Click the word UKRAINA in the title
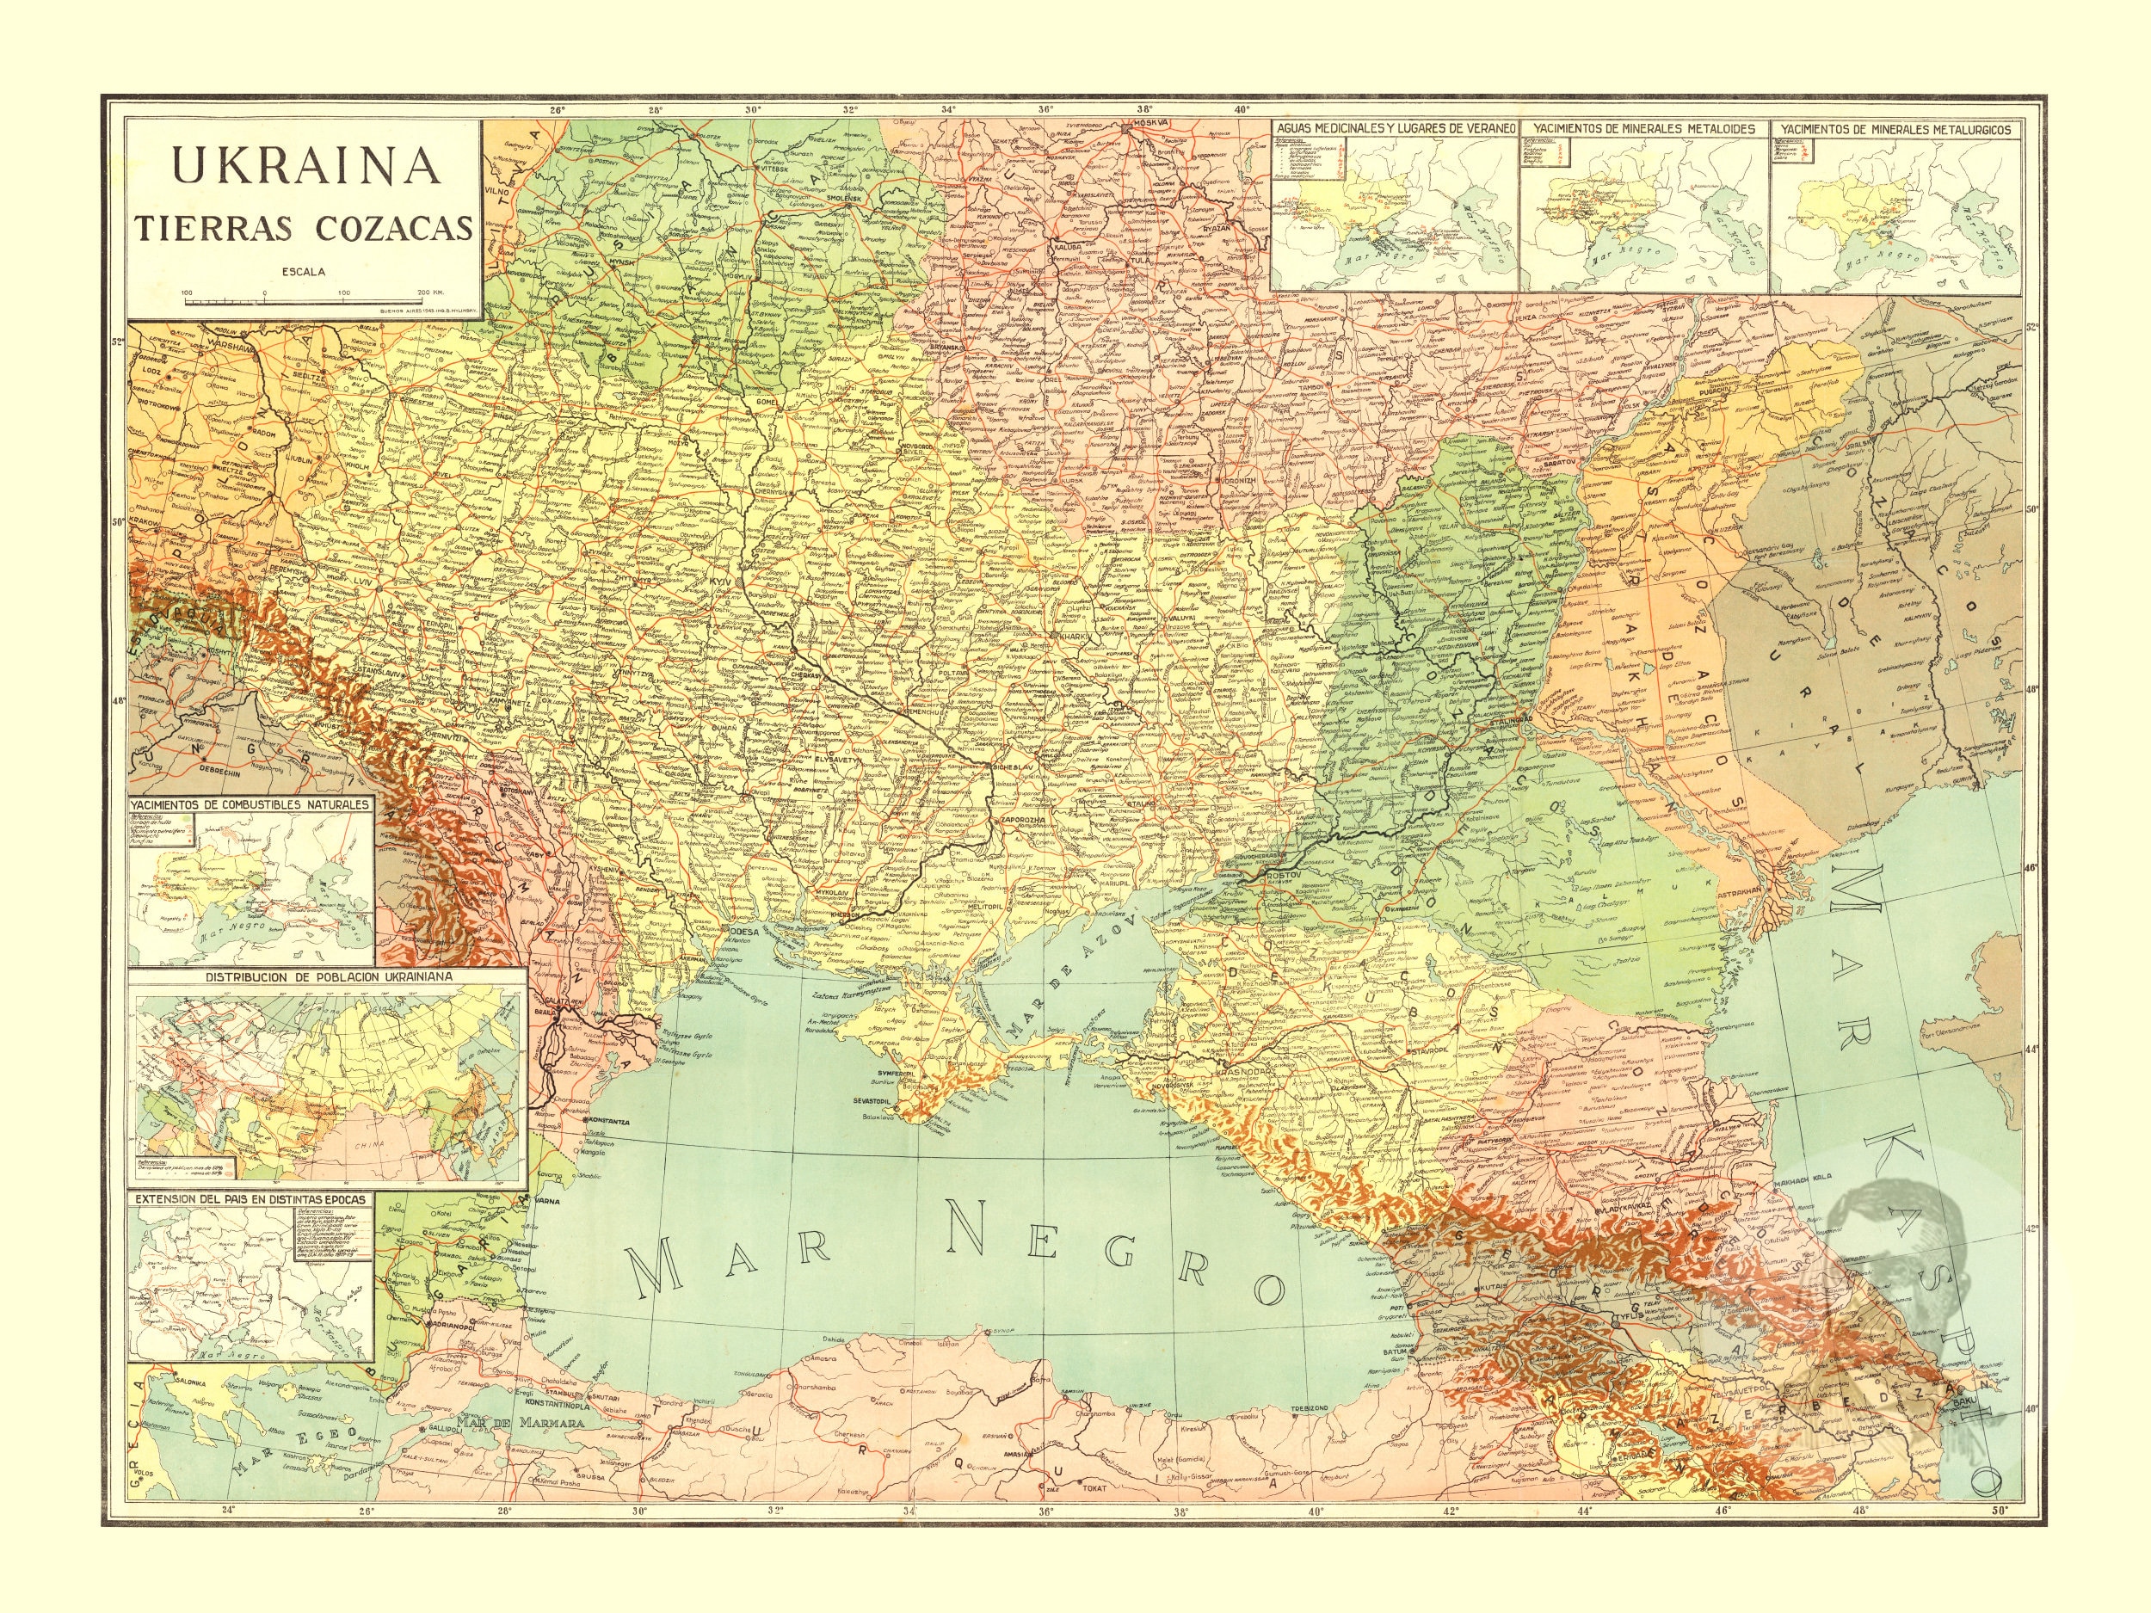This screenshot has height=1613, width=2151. pos(305,165)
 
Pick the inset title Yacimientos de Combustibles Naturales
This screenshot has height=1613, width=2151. pos(251,805)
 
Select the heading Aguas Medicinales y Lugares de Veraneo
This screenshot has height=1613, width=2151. pos(1396,127)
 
